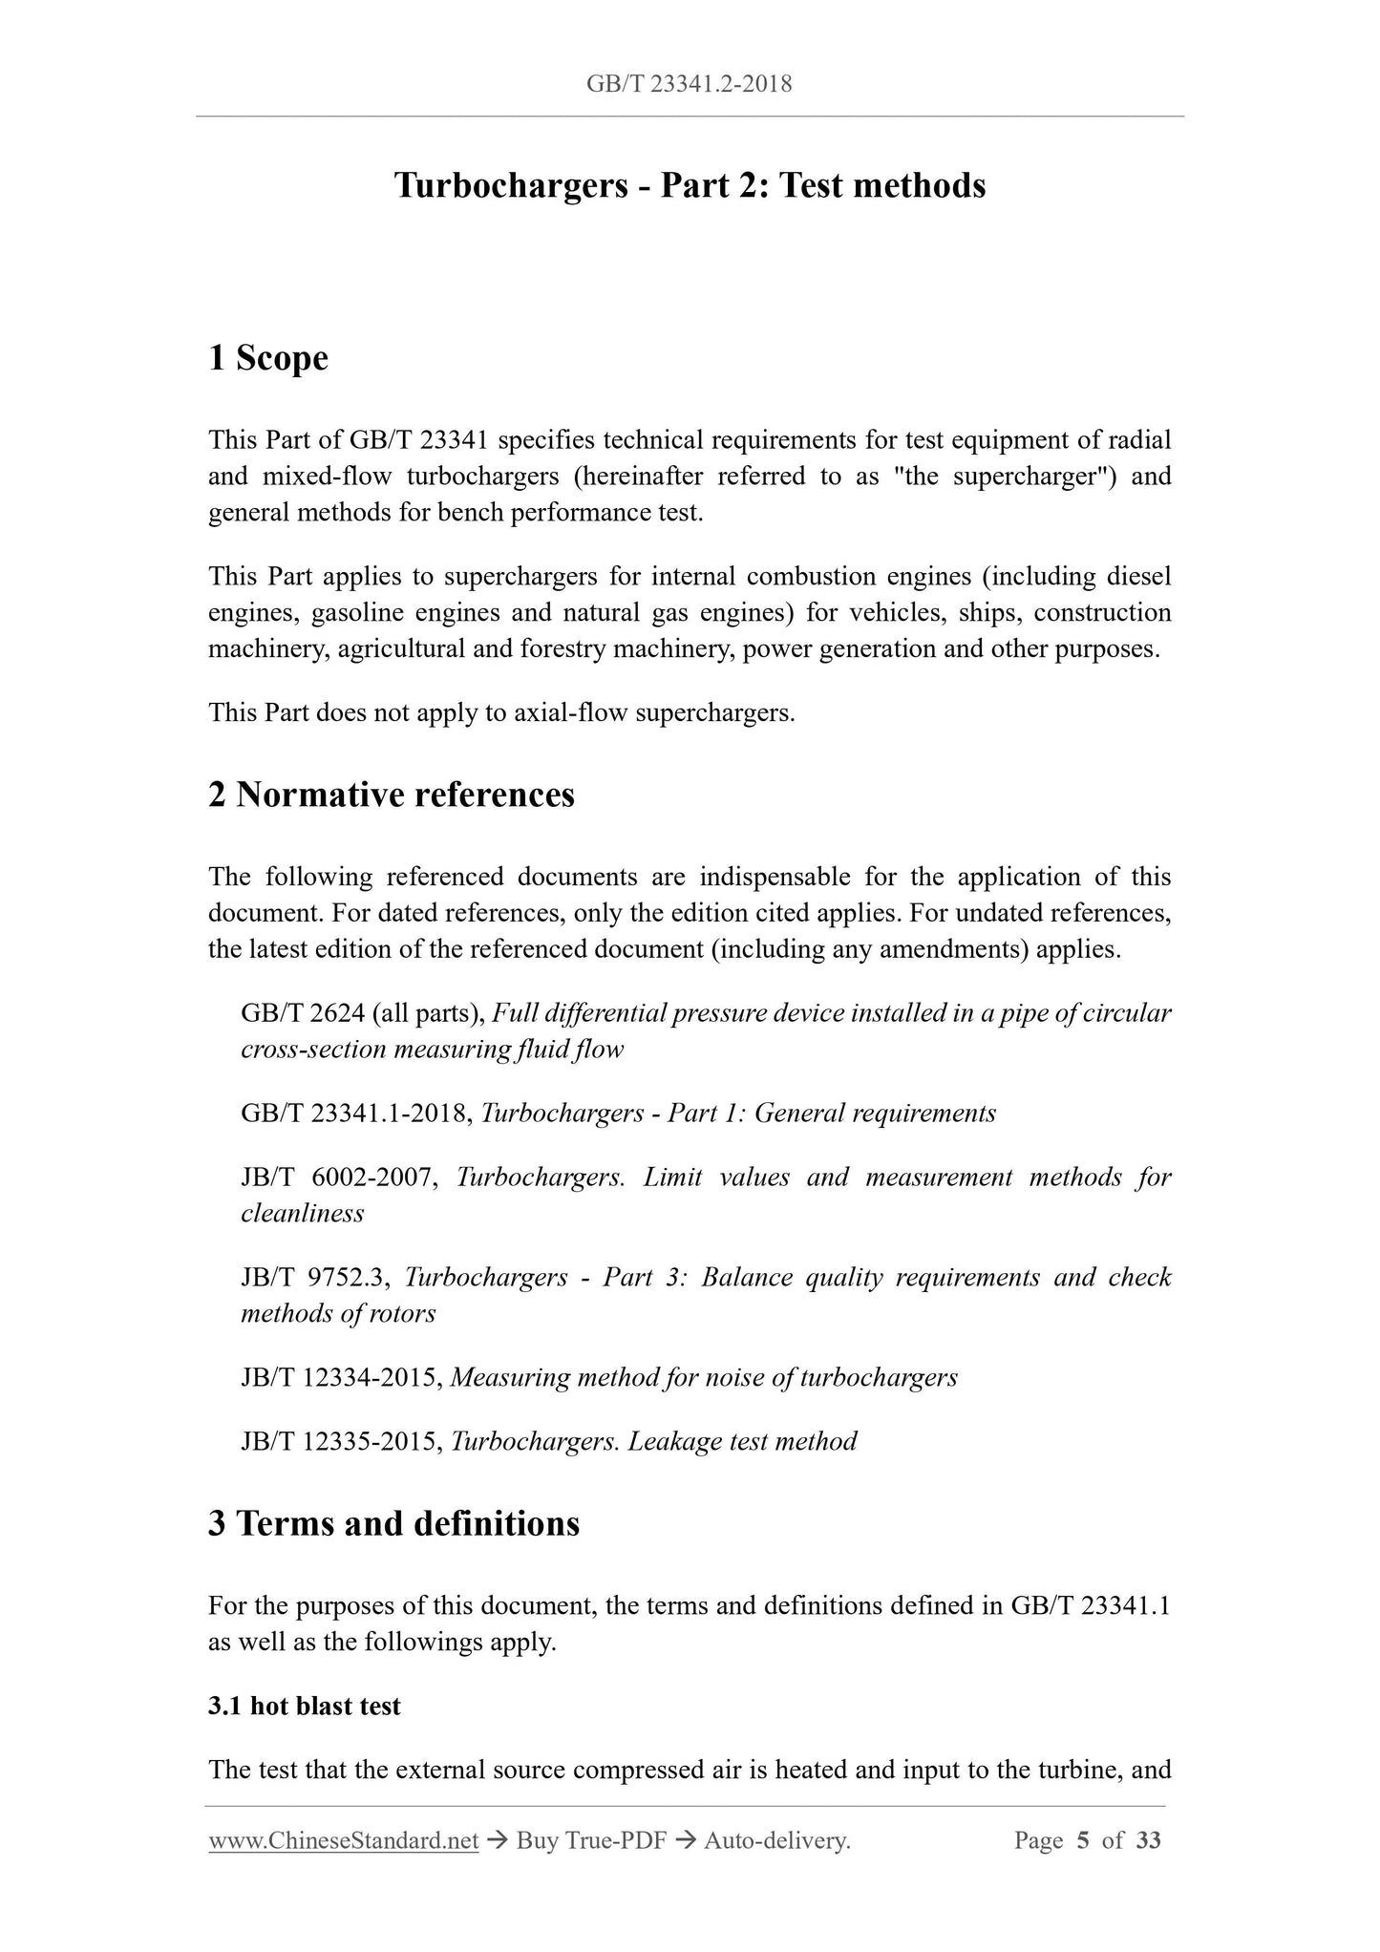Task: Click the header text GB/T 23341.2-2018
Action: click(689, 84)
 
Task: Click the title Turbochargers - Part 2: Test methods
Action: click(690, 184)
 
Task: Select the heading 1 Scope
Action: click(268, 358)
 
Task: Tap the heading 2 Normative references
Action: click(392, 795)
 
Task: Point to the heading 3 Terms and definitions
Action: click(393, 1523)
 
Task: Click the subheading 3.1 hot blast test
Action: click(304, 1707)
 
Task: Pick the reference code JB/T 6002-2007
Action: click(339, 1178)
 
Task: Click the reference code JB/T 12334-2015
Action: click(341, 1378)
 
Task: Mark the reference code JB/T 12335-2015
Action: click(341, 1442)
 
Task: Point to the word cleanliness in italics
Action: click(302, 1214)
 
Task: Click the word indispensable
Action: click(775, 877)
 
